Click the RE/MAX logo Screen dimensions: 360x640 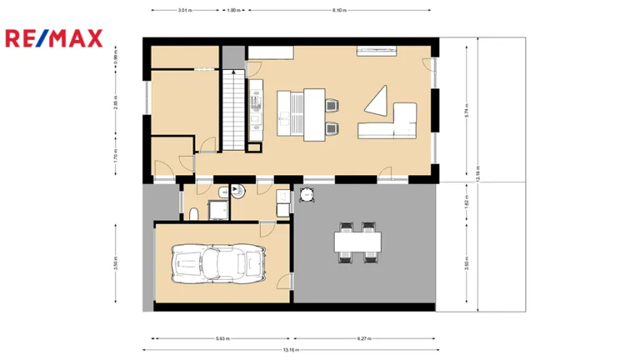[x=53, y=38]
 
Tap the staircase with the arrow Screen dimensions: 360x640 [x=232, y=108]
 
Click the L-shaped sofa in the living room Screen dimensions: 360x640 [x=392, y=123]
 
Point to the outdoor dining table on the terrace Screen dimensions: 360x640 [x=358, y=242]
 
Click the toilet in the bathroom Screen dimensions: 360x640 [x=195, y=212]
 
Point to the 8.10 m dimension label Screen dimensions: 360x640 [x=338, y=11]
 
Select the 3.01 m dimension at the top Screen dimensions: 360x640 [x=185, y=11]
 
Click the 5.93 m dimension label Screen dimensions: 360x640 [x=222, y=338]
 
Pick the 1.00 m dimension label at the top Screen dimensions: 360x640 [x=233, y=11]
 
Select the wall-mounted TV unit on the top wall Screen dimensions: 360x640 [x=377, y=52]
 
